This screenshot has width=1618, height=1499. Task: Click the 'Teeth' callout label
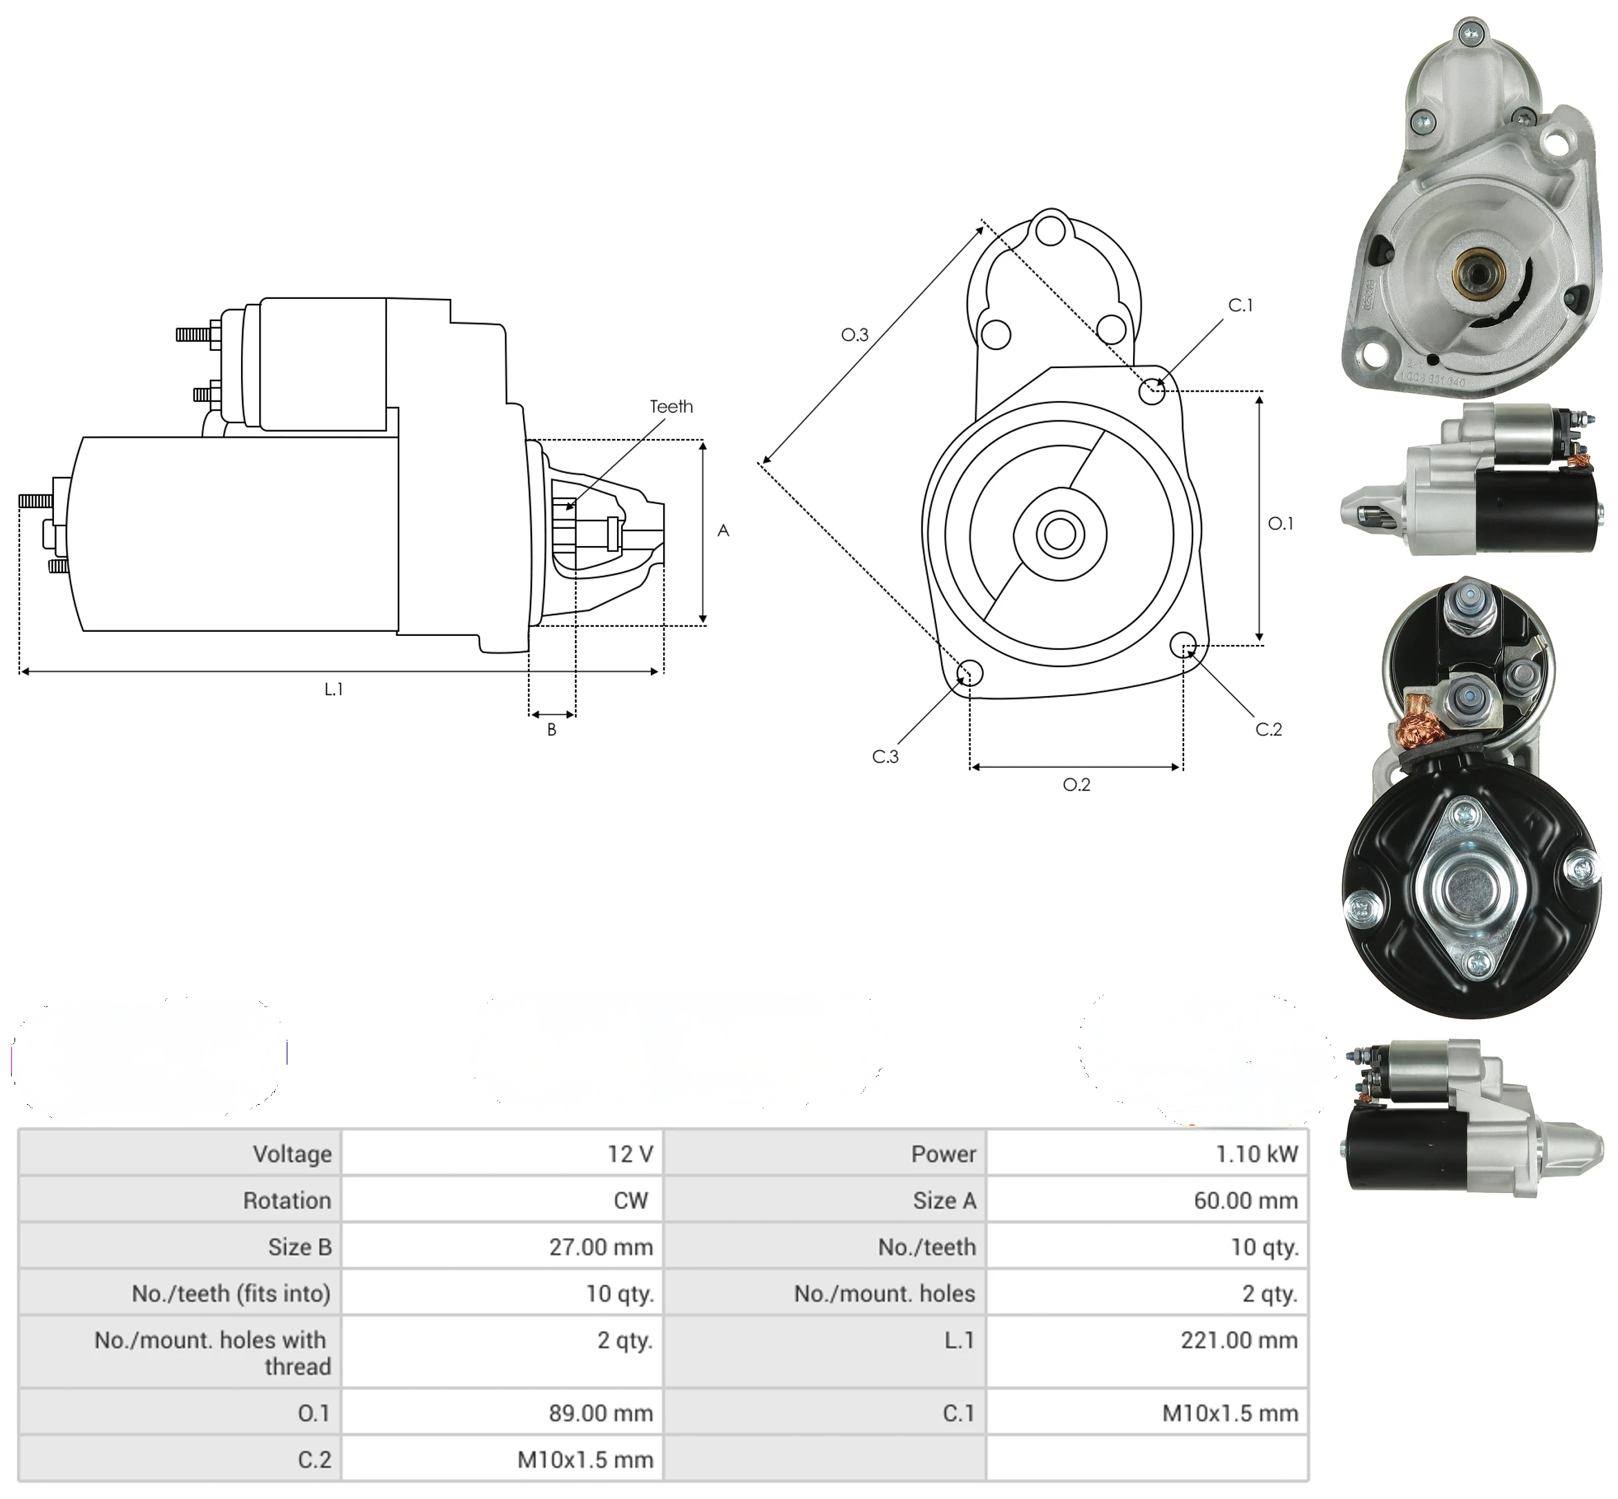pyautogui.click(x=671, y=407)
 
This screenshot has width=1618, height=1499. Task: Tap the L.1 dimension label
pyautogui.click(x=334, y=688)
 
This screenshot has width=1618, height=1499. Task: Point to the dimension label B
pyautogui.click(x=552, y=729)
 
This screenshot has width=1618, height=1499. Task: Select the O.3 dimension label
pyautogui.click(x=855, y=334)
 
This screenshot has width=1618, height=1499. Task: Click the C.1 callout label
pyautogui.click(x=1240, y=305)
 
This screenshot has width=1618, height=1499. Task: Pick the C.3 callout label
pyautogui.click(x=885, y=757)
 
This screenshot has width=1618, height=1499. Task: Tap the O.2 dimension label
pyautogui.click(x=1077, y=784)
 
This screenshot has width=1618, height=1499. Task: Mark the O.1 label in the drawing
pyautogui.click(x=1280, y=523)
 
